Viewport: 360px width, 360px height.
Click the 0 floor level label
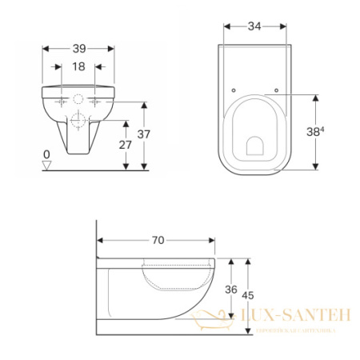click(46, 153)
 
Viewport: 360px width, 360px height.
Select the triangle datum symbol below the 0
click(46, 165)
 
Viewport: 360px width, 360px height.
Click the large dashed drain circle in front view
click(78, 122)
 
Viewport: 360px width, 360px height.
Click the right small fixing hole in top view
click(275, 90)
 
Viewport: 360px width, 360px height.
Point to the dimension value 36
click(232, 290)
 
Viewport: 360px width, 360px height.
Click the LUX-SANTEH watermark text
click(295, 317)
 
